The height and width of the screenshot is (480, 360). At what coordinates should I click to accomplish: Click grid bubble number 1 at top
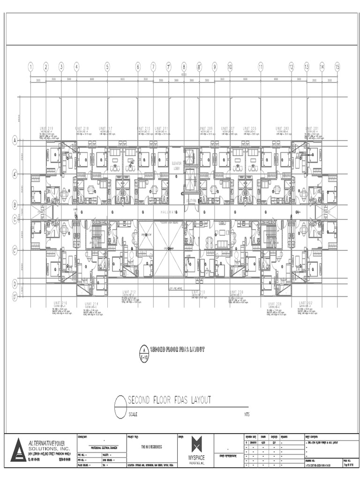(30, 67)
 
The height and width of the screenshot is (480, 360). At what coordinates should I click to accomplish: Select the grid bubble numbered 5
(107, 67)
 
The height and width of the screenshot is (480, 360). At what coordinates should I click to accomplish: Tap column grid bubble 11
(260, 67)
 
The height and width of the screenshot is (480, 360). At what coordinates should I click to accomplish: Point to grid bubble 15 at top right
(337, 67)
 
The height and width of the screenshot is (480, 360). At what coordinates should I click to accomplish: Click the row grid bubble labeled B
(15, 205)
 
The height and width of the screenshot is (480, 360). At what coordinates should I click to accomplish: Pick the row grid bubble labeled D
(15, 284)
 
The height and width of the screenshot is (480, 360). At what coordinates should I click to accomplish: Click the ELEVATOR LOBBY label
(177, 165)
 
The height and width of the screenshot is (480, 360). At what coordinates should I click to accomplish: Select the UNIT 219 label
(46, 128)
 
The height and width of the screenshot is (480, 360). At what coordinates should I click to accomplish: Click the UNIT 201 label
(312, 128)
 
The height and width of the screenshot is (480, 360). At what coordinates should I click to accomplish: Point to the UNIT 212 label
(129, 292)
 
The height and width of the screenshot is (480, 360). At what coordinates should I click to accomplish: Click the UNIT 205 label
(250, 128)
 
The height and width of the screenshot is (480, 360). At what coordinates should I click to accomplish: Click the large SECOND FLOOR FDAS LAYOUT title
(170, 400)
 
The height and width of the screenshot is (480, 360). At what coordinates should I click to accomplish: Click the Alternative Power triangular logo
(19, 450)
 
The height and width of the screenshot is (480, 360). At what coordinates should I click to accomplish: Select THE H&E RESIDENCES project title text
(151, 447)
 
